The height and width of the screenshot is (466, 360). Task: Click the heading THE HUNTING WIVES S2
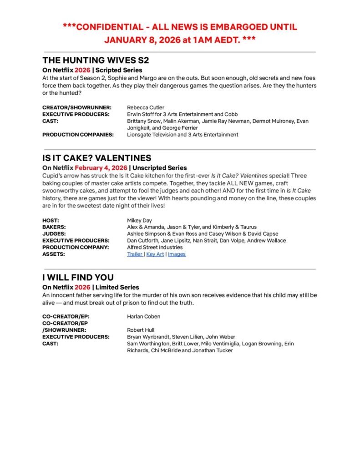click(x=96, y=60)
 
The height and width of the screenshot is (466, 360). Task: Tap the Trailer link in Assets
click(x=135, y=254)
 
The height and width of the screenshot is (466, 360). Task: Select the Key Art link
click(x=155, y=254)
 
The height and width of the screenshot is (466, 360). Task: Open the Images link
click(x=177, y=254)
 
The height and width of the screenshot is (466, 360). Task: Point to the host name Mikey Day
click(x=140, y=220)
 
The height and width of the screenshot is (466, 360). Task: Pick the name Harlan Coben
click(x=143, y=316)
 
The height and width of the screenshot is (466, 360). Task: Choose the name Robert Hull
click(x=141, y=330)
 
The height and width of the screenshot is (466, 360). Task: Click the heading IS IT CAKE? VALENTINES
click(x=97, y=158)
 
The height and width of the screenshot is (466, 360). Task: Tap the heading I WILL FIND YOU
click(x=78, y=277)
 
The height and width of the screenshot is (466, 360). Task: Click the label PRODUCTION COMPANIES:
click(x=78, y=135)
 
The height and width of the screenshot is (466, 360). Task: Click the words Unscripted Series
click(x=159, y=168)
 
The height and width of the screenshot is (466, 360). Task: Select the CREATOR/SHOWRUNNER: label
click(x=76, y=107)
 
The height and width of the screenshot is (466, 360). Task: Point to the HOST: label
click(x=51, y=220)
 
